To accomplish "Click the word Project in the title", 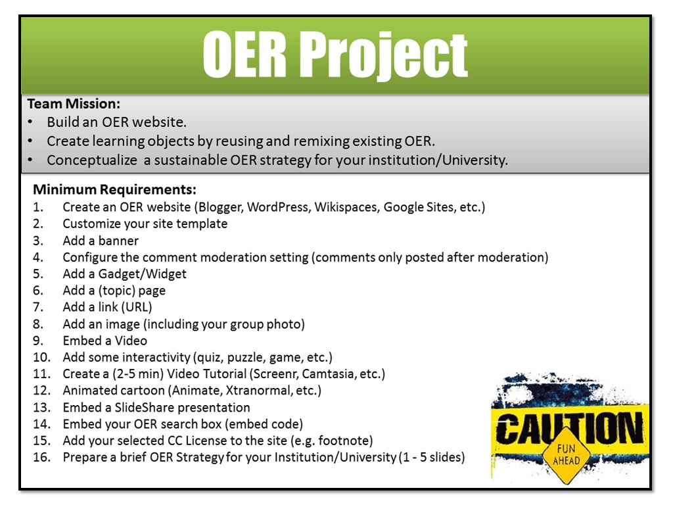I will click(x=384, y=56).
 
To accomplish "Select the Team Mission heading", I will click(x=74, y=104).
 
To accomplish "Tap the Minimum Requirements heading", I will click(x=114, y=190).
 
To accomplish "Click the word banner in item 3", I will click(x=120, y=240).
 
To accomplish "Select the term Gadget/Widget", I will click(x=145, y=274).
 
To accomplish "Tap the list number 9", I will click(x=38, y=341).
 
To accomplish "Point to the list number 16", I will click(x=41, y=457).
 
